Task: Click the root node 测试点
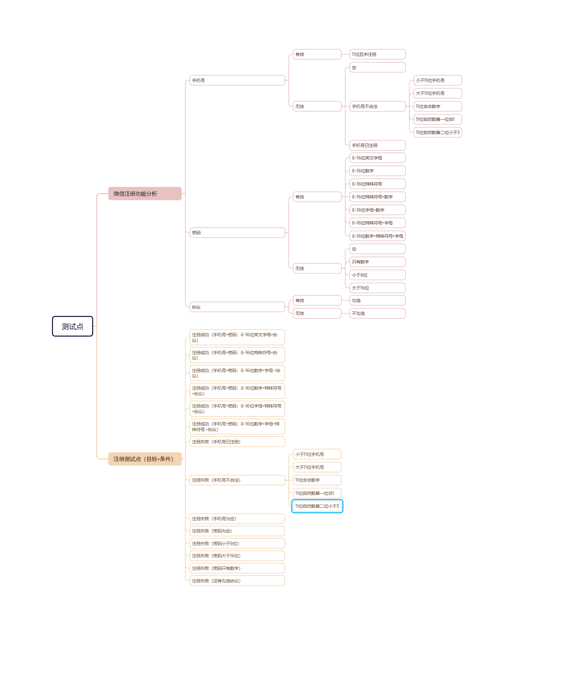(72, 326)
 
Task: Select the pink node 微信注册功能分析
(145, 193)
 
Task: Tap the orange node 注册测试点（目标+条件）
(145, 459)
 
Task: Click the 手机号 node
(237, 80)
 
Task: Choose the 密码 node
(237, 232)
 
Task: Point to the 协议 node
(237, 307)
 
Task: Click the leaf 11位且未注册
(377, 54)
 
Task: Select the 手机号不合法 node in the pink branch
(377, 106)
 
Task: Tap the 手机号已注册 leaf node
(377, 145)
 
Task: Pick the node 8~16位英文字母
(377, 158)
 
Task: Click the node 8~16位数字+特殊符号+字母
(377, 236)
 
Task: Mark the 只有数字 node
(377, 262)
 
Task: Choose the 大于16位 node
(377, 288)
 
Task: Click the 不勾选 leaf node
(377, 313)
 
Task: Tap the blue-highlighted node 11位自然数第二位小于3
(317, 506)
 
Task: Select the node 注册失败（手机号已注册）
(237, 442)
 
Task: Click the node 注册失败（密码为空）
(237, 531)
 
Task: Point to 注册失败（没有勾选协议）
(237, 581)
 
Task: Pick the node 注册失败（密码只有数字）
(237, 568)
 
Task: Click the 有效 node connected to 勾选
(317, 300)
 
